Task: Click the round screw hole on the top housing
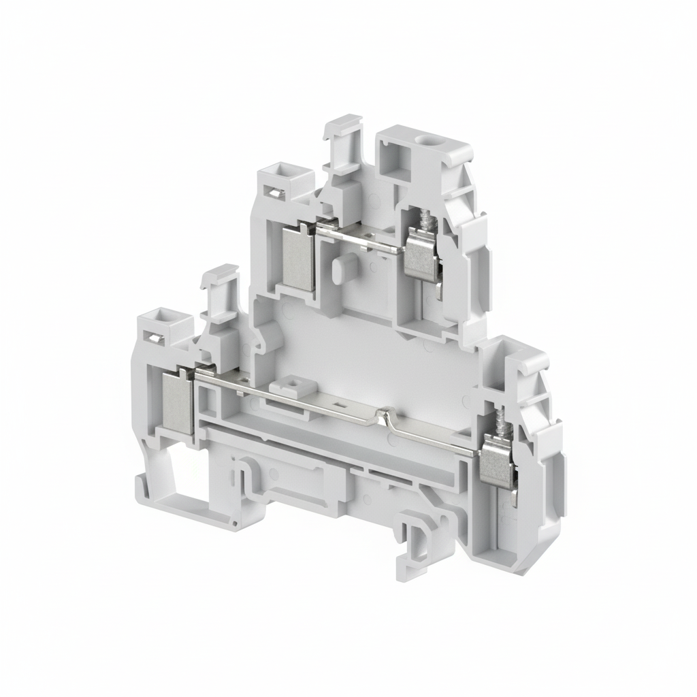(429, 144)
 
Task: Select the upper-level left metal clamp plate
(297, 256)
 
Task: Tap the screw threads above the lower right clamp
(505, 429)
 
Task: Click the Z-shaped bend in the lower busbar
(385, 418)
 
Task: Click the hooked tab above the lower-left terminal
(219, 286)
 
